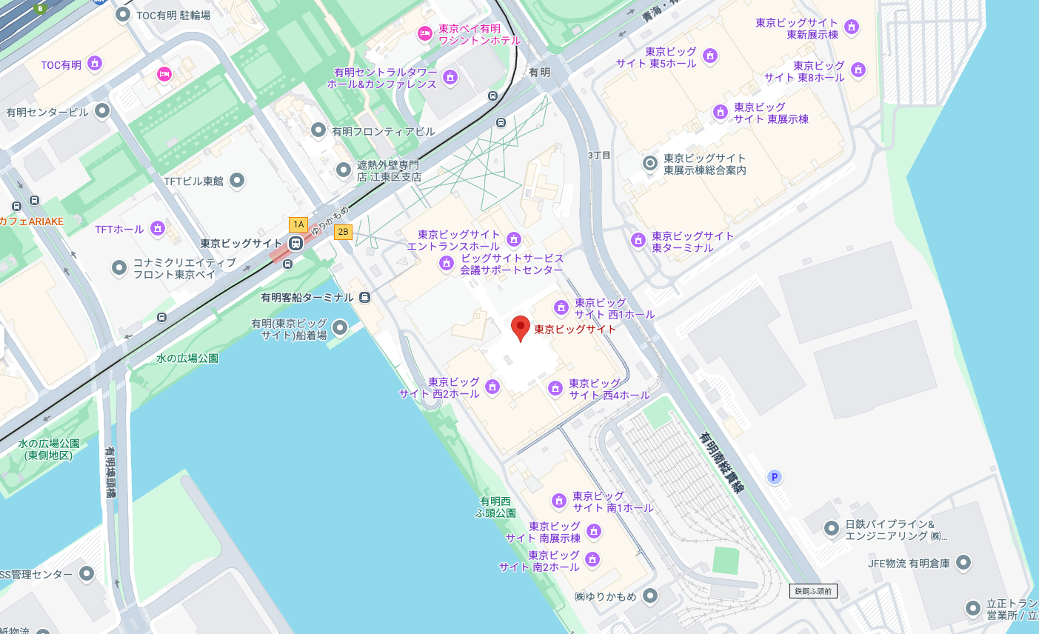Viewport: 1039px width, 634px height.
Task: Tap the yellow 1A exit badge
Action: click(x=298, y=224)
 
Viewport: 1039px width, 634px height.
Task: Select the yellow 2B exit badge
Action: click(x=343, y=232)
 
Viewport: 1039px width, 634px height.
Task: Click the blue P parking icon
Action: click(x=775, y=477)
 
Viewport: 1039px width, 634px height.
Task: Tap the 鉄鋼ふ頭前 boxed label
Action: click(x=813, y=591)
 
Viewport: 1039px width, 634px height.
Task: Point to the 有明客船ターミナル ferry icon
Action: click(x=364, y=297)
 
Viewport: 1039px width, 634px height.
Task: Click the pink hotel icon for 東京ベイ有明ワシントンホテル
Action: click(x=424, y=33)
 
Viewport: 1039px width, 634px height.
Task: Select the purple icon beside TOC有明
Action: click(x=94, y=64)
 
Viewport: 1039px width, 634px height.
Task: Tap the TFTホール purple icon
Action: click(x=158, y=228)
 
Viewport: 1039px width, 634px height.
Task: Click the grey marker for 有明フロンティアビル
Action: click(x=318, y=130)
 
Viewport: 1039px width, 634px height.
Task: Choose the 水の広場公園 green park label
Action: click(x=187, y=358)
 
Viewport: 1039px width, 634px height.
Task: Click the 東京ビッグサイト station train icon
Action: click(x=295, y=243)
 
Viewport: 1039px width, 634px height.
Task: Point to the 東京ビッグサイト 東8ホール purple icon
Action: click(x=858, y=70)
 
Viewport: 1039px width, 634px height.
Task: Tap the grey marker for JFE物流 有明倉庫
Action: click(x=963, y=563)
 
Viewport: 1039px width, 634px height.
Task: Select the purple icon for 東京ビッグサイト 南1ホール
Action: click(x=559, y=501)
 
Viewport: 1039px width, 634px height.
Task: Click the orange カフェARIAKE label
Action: click(x=32, y=221)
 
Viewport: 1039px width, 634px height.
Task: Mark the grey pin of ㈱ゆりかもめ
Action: click(x=649, y=595)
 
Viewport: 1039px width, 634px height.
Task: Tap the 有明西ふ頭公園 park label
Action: click(x=495, y=507)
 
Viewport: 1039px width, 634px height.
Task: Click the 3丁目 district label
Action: click(x=599, y=156)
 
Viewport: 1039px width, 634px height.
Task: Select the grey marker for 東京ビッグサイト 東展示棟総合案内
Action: click(x=649, y=163)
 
